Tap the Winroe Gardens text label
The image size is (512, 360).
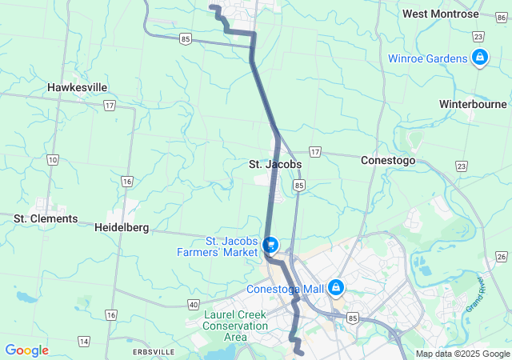(427, 58)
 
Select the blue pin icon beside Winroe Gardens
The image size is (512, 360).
(480, 58)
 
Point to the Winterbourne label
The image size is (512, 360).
(473, 104)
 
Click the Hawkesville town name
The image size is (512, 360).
(77, 87)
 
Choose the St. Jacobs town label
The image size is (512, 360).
(274, 164)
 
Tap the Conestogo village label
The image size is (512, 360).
(388, 160)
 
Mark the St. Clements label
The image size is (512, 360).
(46, 218)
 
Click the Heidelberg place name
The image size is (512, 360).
(122, 227)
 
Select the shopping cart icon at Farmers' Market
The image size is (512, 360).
(271, 245)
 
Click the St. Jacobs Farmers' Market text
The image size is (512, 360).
(219, 246)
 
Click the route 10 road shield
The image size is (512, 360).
(53, 160)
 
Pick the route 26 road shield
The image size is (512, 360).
(502, 256)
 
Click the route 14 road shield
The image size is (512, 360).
(84, 342)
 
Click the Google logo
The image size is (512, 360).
(26, 350)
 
